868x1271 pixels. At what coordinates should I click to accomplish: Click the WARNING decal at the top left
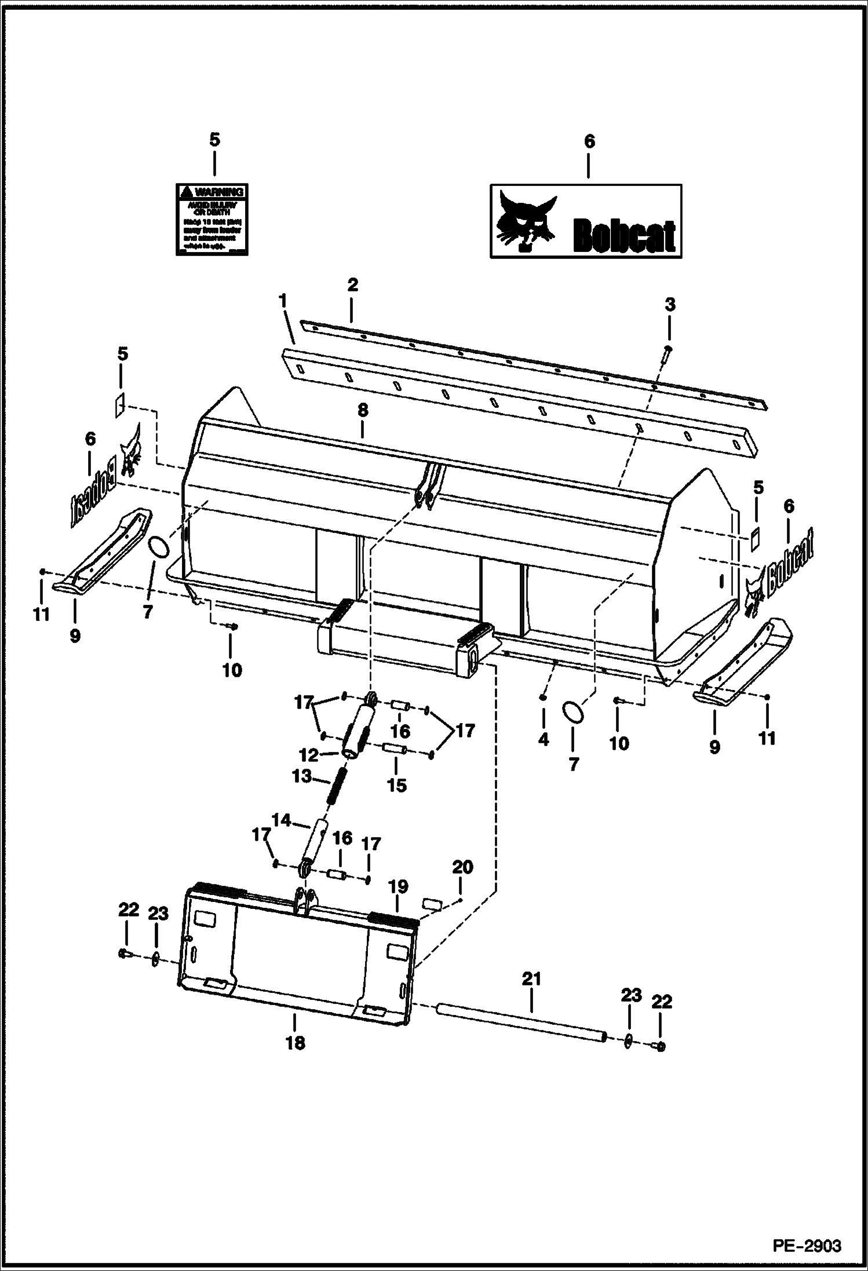(211, 219)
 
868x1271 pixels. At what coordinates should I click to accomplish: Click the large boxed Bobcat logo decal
(586, 221)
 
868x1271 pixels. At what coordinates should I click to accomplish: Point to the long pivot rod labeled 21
(521, 1023)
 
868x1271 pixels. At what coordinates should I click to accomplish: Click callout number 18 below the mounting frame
(295, 1043)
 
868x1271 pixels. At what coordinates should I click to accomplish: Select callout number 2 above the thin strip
(352, 284)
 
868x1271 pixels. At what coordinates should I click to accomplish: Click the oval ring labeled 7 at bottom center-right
(573, 712)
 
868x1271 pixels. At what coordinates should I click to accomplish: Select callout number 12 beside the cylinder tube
(309, 755)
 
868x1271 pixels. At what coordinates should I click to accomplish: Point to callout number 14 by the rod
(281, 820)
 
